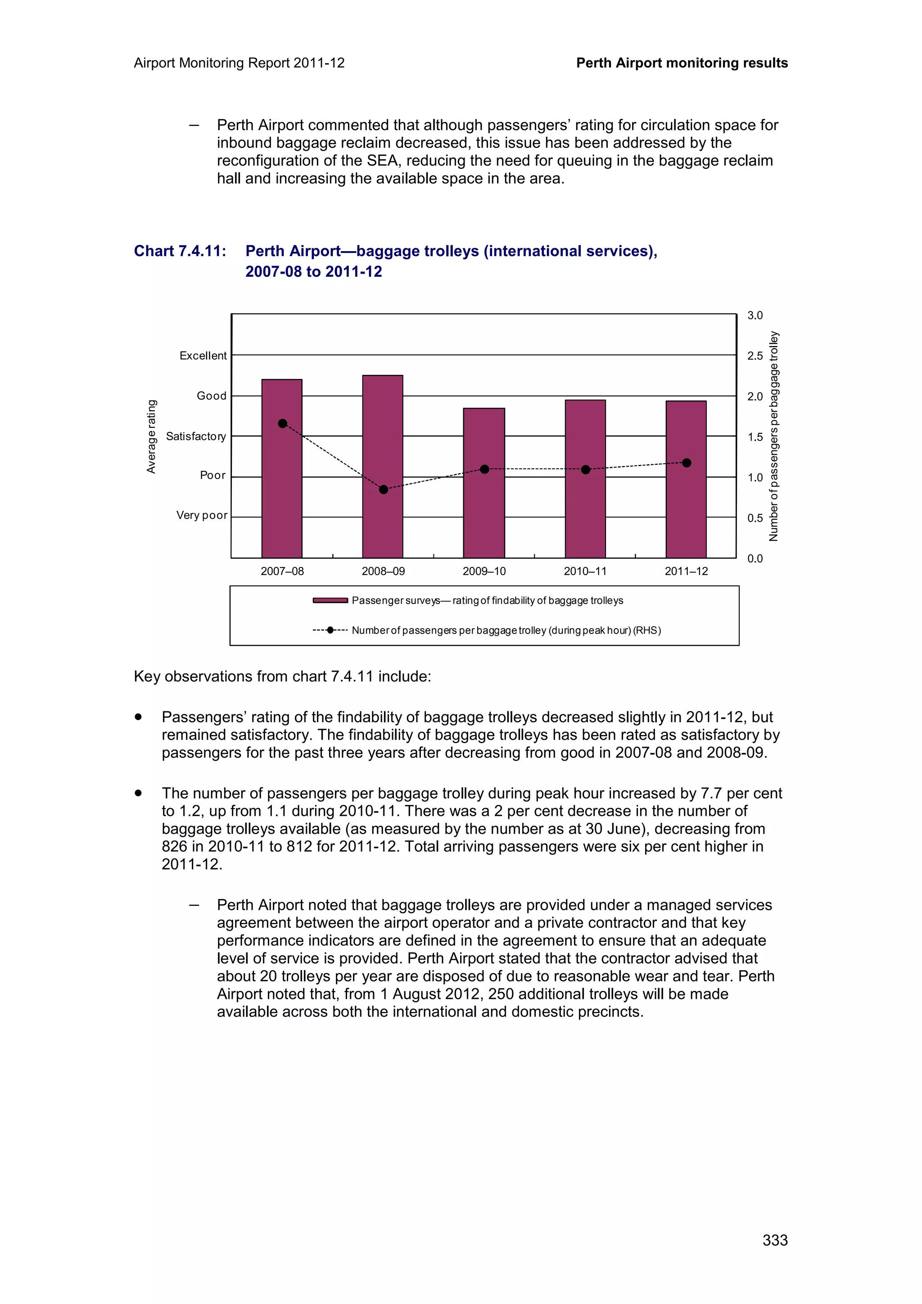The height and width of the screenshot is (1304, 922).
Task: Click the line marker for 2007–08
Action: [x=282, y=424]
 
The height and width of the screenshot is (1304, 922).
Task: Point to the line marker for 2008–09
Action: [x=384, y=490]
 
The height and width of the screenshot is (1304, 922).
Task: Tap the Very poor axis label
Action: [x=202, y=515]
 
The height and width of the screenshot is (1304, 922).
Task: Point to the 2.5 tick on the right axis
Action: [x=755, y=356]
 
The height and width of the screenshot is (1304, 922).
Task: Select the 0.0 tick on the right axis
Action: [x=755, y=559]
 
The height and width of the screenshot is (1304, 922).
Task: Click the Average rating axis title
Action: [x=151, y=436]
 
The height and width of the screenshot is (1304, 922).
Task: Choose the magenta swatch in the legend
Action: [x=330, y=600]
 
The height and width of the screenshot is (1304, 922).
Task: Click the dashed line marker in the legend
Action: [x=330, y=630]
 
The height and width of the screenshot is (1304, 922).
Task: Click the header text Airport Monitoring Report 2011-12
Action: [x=239, y=63]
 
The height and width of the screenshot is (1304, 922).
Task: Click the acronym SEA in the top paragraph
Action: [x=383, y=161]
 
